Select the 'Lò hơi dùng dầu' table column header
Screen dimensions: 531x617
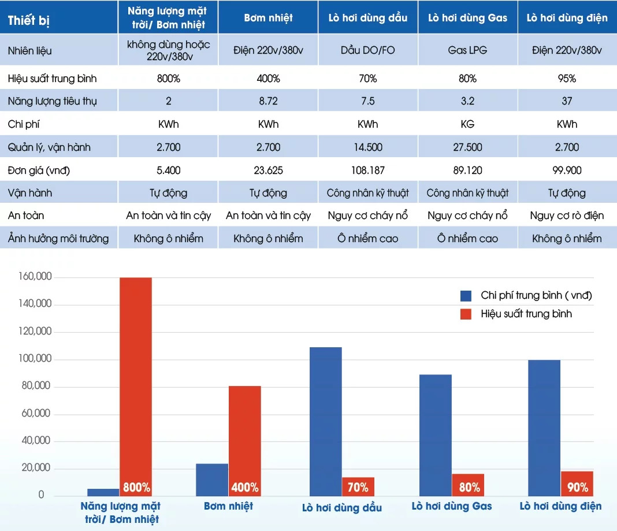pos(367,18)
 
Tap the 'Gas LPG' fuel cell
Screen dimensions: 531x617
pos(467,50)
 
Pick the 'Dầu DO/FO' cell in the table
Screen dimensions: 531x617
pos(367,50)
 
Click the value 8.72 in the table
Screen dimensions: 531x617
pos(268,101)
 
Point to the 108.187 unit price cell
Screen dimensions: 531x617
pos(367,170)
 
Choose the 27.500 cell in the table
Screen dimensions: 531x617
pos(467,147)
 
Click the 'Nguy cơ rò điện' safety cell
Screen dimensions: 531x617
pos(567,216)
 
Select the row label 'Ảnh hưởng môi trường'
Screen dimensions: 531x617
pos(58,239)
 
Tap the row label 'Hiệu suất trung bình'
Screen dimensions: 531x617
pos(52,79)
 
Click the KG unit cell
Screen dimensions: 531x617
pos(467,124)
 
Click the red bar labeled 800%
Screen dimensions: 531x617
pos(136,381)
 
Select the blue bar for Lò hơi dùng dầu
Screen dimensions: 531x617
pos(326,422)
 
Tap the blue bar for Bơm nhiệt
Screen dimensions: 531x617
pos(212,480)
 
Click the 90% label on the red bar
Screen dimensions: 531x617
pos(577,487)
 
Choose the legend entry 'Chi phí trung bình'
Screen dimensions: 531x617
pos(536,296)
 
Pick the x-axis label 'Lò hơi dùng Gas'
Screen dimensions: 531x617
pos(452,507)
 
